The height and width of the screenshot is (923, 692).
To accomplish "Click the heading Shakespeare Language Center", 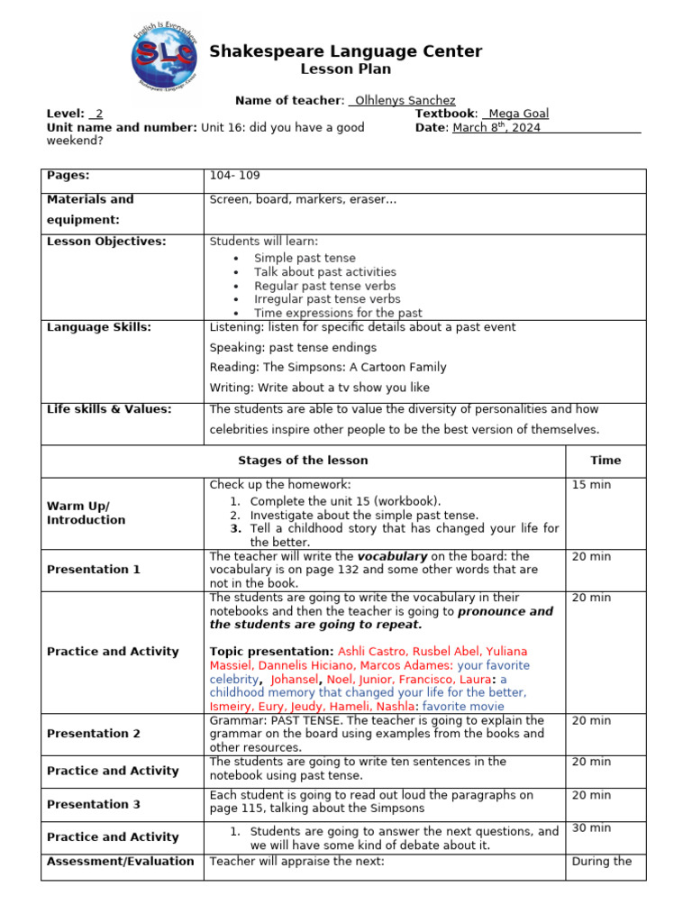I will tap(345, 52).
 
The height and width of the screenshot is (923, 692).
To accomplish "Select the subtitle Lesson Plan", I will tap(345, 69).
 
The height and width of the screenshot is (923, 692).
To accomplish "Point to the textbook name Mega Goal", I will tap(518, 114).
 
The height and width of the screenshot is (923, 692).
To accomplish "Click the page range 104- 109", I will tap(234, 176).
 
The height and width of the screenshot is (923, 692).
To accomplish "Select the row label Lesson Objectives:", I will tap(106, 242).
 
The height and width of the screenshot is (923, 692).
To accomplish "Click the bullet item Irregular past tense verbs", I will tap(327, 299).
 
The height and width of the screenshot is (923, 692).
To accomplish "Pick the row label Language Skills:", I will tap(99, 328).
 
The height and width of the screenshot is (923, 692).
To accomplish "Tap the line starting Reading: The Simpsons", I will tap(328, 368).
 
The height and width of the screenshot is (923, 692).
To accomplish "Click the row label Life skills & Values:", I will tap(109, 409).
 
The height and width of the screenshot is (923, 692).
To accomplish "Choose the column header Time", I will tap(605, 461).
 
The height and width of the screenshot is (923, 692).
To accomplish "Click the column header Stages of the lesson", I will tap(303, 461).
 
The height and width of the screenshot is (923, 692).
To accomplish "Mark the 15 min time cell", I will tap(591, 485).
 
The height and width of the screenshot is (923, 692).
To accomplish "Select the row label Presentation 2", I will tap(94, 734).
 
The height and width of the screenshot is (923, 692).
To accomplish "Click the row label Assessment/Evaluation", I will tap(121, 862).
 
